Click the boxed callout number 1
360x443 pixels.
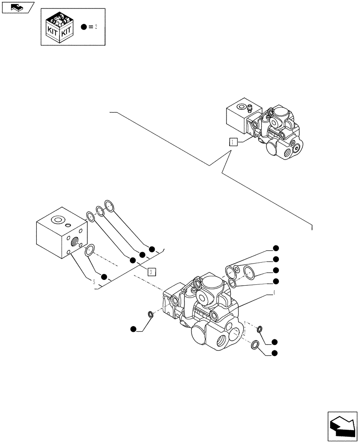click(233, 142)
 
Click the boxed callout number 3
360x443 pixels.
click(151, 272)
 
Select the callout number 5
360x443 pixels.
click(94, 282)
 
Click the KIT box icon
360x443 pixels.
click(60, 27)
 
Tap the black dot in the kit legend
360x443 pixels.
click(83, 27)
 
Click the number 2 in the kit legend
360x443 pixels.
click(95, 27)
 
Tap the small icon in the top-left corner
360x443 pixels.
click(17, 7)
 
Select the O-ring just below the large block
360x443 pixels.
click(90, 250)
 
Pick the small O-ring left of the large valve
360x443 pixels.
click(150, 315)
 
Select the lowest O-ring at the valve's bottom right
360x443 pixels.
click(255, 345)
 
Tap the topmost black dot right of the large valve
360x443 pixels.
click(275, 248)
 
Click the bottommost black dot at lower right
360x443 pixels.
click(274, 353)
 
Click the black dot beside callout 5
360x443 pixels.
click(104, 277)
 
